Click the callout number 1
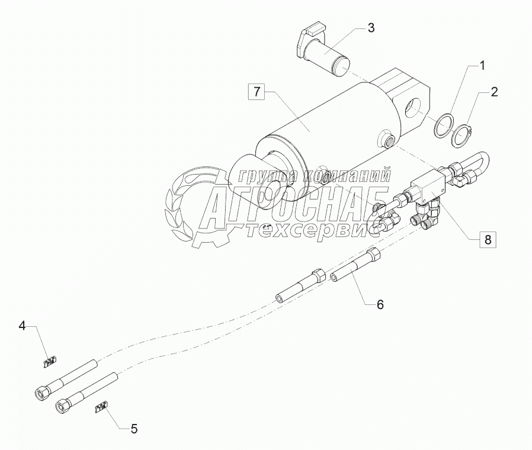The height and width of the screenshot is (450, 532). click(x=482, y=66)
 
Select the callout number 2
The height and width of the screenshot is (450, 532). click(x=493, y=92)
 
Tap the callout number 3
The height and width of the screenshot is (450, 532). click(x=370, y=28)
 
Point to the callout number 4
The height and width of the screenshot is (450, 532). click(x=23, y=325)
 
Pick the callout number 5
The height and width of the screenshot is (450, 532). click(x=134, y=429)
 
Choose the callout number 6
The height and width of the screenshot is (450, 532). click(x=380, y=304)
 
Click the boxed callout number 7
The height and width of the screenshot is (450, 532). click(x=257, y=92)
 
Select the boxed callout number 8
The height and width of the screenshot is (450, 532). click(x=488, y=240)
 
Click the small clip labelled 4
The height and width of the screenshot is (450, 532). click(x=50, y=360)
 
